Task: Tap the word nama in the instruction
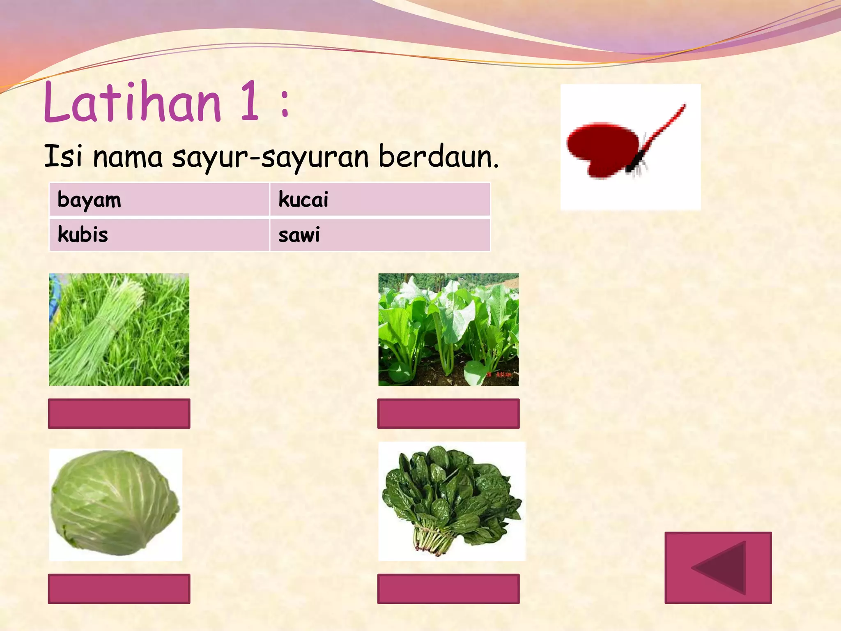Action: (x=128, y=157)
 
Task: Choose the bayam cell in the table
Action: (x=159, y=199)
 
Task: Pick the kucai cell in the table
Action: (x=380, y=199)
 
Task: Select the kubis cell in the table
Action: (x=159, y=235)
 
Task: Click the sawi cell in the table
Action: (x=380, y=235)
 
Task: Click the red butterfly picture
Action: (x=630, y=147)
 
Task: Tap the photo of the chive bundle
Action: (x=119, y=329)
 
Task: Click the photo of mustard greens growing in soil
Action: (x=448, y=329)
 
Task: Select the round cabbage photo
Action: (x=115, y=504)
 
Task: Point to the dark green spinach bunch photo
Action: (x=452, y=501)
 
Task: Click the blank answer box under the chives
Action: (x=119, y=413)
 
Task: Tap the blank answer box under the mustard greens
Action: (x=448, y=413)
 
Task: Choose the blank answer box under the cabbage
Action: (x=119, y=589)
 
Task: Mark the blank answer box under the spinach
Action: (x=448, y=589)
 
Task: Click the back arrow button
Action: (x=718, y=568)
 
